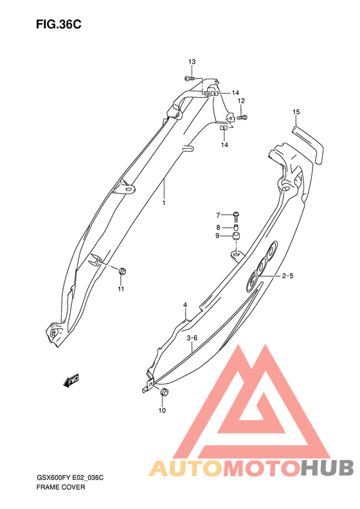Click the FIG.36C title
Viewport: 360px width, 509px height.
tap(59, 24)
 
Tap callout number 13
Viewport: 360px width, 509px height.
tap(192, 62)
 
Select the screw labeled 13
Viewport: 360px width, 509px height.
tap(190, 79)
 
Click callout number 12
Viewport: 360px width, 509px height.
tap(241, 101)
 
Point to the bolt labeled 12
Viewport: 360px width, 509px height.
tap(242, 118)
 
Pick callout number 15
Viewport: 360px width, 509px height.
tap(296, 112)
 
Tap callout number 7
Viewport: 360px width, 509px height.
tap(218, 215)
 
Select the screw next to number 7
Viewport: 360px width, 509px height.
tap(237, 216)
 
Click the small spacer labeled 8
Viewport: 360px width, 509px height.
tap(237, 227)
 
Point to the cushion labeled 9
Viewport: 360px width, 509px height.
tap(237, 236)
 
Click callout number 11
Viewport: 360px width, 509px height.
tap(121, 289)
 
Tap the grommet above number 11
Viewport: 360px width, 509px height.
tap(122, 271)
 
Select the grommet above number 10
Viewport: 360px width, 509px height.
tap(165, 391)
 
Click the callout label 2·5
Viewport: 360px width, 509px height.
tap(287, 276)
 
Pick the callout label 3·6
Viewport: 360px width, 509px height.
tap(192, 338)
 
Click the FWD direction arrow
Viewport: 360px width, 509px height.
tap(71, 380)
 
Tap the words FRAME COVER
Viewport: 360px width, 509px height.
tap(60, 487)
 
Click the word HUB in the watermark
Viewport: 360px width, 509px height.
tap(327, 468)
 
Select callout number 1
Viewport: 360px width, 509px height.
tap(164, 203)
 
